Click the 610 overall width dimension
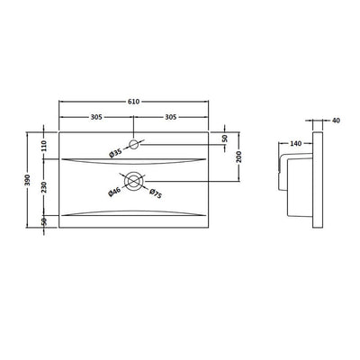click(135, 106)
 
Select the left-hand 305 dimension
click(97, 119)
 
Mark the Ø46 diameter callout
click(115, 192)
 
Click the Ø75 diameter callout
click(154, 193)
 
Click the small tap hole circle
click(135, 144)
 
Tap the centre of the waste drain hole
click(135, 181)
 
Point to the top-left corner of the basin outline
click(60, 131)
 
